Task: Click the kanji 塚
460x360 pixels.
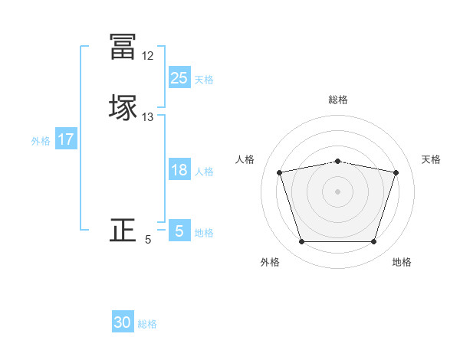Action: [123, 107]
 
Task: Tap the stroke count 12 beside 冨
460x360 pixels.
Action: [147, 56]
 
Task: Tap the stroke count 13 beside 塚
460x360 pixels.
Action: [147, 117]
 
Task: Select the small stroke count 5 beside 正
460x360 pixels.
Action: [148, 240]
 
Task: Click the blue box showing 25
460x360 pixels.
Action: [179, 77]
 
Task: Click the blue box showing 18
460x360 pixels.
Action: [179, 171]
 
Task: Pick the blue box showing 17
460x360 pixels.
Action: [66, 139]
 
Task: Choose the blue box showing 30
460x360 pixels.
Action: [123, 322]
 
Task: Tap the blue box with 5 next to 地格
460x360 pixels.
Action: [179, 231]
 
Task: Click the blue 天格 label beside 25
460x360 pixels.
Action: [204, 79]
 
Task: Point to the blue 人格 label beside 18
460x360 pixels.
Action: [204, 172]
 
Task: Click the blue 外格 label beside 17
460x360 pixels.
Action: [41, 141]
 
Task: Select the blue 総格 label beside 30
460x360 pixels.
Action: [147, 324]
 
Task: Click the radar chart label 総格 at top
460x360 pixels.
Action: [338, 100]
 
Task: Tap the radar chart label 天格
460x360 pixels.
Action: [432, 159]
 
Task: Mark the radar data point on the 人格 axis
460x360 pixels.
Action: [279, 172]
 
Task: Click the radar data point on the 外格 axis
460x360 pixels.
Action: [301, 242]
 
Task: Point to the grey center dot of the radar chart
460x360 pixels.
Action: [338, 191]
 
